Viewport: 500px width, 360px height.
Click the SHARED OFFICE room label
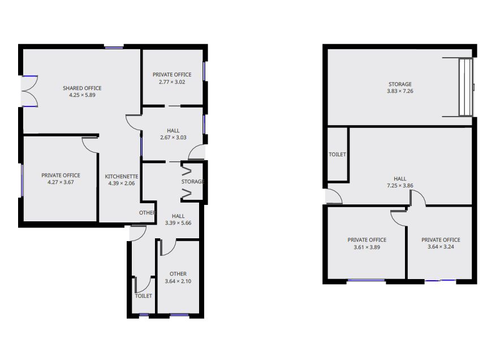pyautogui.click(x=82, y=88)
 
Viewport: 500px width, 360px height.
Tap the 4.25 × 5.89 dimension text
pyautogui.click(x=82, y=95)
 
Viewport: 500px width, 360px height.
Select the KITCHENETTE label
pyautogui.click(x=122, y=177)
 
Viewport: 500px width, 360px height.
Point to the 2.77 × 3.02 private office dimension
pyautogui.click(x=172, y=82)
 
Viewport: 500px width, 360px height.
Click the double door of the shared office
pyautogui.click(x=29, y=91)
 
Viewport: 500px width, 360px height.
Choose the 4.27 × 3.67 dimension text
pyautogui.click(x=61, y=182)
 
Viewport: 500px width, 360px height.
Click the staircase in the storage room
pyautogui.click(x=465, y=87)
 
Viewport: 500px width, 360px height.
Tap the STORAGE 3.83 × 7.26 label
pyautogui.click(x=400, y=87)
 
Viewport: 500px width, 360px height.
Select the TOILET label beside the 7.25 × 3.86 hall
pyautogui.click(x=337, y=155)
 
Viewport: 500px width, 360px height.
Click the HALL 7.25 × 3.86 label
pyautogui.click(x=400, y=182)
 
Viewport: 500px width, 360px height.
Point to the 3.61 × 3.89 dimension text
pyautogui.click(x=367, y=247)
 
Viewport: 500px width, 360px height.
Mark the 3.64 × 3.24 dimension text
pyautogui.click(x=441, y=247)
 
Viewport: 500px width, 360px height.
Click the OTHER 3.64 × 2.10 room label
pyautogui.click(x=178, y=277)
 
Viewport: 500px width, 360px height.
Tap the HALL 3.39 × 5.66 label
pyautogui.click(x=178, y=220)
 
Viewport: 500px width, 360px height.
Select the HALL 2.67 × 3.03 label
pyautogui.click(x=173, y=134)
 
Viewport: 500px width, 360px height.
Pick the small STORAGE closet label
pyautogui.click(x=193, y=182)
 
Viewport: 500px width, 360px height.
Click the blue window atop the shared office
pyautogui.click(x=114, y=48)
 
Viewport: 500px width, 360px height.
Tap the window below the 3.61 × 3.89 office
pyautogui.click(x=366, y=281)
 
